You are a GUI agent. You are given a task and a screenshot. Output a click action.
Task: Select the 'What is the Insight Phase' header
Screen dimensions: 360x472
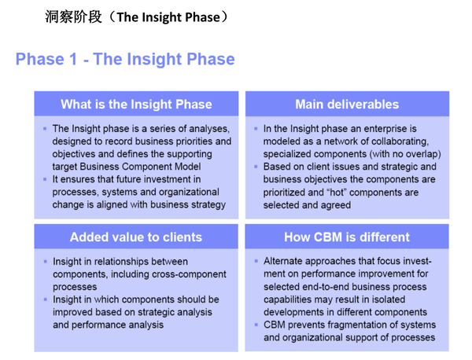[136, 104]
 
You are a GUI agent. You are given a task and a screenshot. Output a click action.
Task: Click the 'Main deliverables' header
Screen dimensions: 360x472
[347, 104]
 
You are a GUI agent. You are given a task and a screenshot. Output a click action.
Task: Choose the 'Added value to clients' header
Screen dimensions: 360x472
[136, 237]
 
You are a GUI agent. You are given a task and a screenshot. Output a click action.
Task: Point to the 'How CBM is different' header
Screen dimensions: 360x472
[347, 237]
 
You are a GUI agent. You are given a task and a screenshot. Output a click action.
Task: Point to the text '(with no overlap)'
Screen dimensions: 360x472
[400, 154]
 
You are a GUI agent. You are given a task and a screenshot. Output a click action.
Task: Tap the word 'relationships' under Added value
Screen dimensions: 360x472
[125, 262]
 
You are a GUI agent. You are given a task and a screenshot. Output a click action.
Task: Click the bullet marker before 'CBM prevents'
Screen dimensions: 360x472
[256, 325]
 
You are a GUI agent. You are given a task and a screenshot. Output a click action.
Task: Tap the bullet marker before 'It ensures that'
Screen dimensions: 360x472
[45, 179]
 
